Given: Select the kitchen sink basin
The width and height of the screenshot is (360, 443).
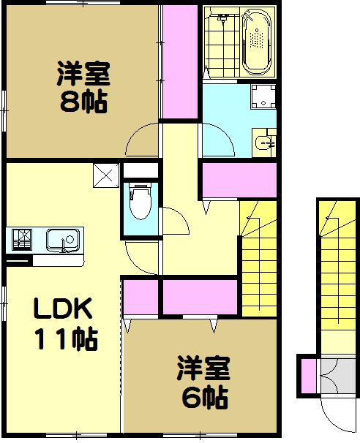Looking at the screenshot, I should coord(63,239).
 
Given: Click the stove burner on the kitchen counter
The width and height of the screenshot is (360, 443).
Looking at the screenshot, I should coord(20,239).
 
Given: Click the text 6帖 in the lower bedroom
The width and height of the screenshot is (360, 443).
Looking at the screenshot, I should coord(203,398).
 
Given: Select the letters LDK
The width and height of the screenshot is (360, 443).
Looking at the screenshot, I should coord(63,310).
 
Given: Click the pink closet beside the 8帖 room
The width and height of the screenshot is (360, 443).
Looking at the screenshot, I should coord(179,61).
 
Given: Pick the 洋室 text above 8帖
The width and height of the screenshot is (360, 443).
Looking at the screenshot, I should coord(83,74).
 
